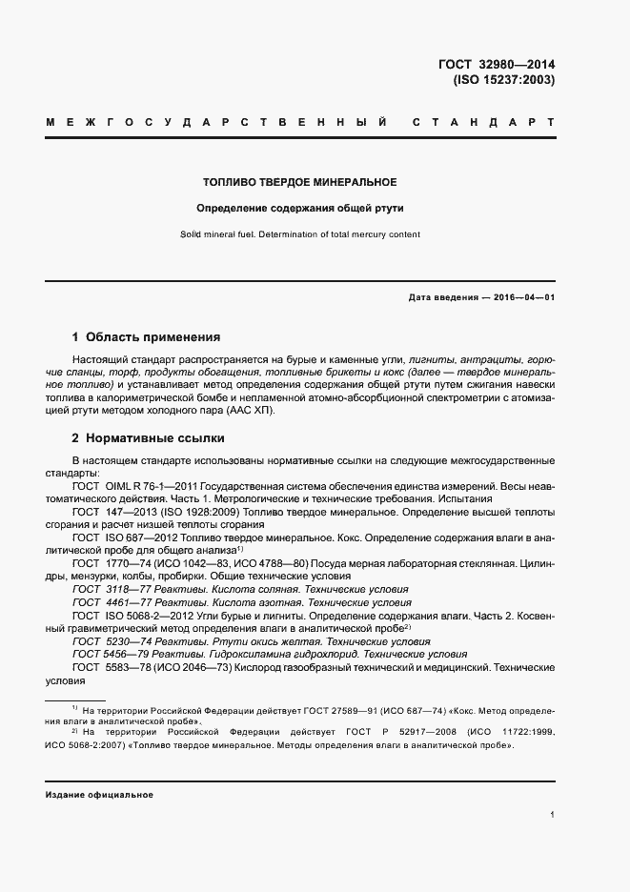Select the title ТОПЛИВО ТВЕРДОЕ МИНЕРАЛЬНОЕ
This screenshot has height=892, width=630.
[x=300, y=181]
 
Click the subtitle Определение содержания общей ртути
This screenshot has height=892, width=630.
[x=300, y=208]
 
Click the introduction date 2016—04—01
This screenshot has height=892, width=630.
[x=522, y=297]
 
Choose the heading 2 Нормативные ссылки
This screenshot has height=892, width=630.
[x=148, y=438]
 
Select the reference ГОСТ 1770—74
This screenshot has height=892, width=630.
[x=112, y=563]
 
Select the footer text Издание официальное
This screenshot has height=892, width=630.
[x=99, y=794]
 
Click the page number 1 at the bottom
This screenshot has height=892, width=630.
[x=552, y=816]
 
